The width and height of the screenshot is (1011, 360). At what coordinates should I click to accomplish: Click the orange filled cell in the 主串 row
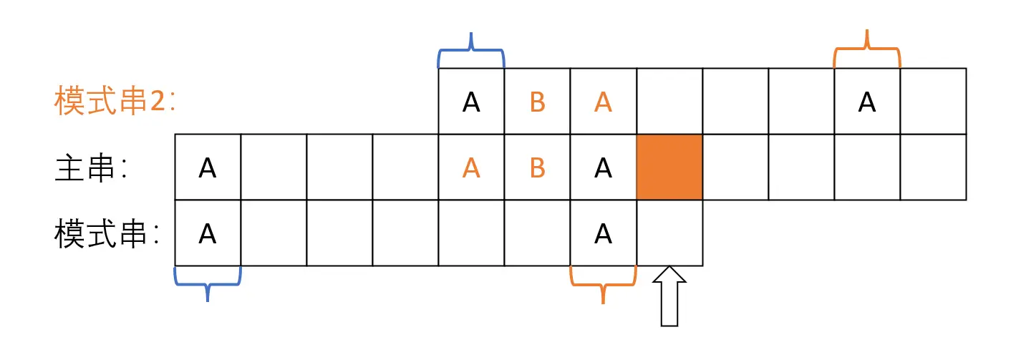pyautogui.click(x=669, y=167)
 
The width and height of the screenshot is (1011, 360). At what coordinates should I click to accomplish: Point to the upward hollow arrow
pyautogui.click(x=669, y=296)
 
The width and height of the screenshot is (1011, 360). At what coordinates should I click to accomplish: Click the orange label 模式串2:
pyautogui.click(x=115, y=102)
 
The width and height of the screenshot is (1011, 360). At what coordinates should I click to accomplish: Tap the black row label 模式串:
pyautogui.click(x=107, y=234)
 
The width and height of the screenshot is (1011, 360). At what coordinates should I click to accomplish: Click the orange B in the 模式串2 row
pyautogui.click(x=537, y=102)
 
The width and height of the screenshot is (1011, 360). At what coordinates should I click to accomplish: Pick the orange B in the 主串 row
pyautogui.click(x=537, y=168)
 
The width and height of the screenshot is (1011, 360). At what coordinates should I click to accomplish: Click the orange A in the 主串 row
pyautogui.click(x=471, y=168)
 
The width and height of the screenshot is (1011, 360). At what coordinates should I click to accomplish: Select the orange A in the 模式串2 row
pyautogui.click(x=603, y=102)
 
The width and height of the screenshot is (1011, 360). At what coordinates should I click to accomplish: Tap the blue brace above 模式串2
pyautogui.click(x=471, y=50)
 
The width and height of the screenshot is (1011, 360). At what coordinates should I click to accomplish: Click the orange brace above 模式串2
pyautogui.click(x=867, y=49)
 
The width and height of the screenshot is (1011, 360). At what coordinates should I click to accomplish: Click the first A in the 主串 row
pyautogui.click(x=208, y=168)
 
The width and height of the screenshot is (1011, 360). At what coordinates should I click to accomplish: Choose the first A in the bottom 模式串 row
pyautogui.click(x=208, y=234)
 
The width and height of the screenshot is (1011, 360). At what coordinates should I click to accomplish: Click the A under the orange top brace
pyautogui.click(x=867, y=102)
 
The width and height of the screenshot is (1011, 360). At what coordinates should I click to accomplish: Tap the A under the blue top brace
pyautogui.click(x=471, y=102)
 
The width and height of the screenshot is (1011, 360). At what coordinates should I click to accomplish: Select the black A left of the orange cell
pyautogui.click(x=603, y=168)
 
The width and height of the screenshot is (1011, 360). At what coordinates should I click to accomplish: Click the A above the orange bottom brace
pyautogui.click(x=603, y=234)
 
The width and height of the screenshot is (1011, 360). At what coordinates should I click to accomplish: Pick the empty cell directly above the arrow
pyautogui.click(x=669, y=233)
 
